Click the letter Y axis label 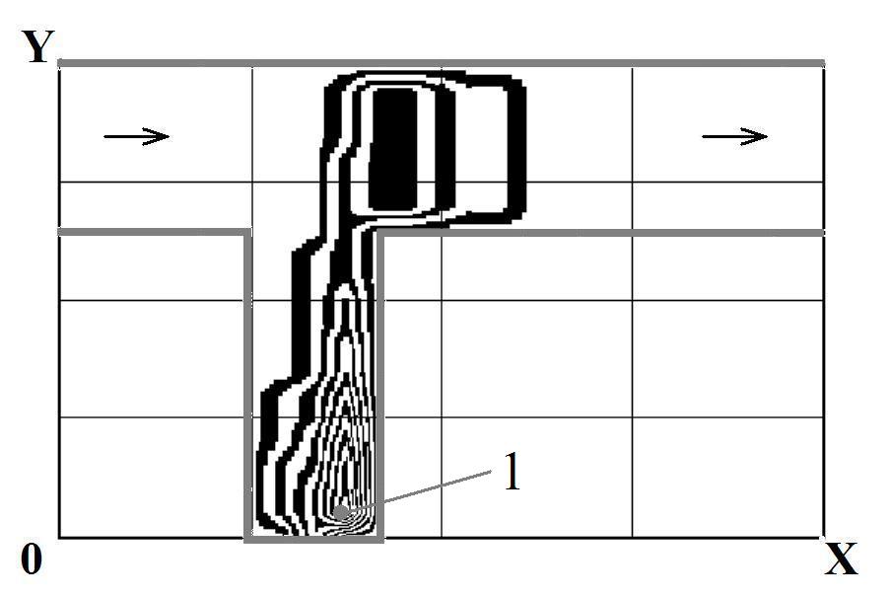[x=38, y=46]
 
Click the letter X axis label [x=841, y=559]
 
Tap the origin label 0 [x=32, y=559]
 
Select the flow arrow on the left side [x=137, y=137]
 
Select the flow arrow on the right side [x=735, y=137]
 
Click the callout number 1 [x=513, y=472]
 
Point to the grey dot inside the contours [x=340, y=511]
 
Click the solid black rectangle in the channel [x=393, y=149]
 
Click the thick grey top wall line [x=441, y=63]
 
